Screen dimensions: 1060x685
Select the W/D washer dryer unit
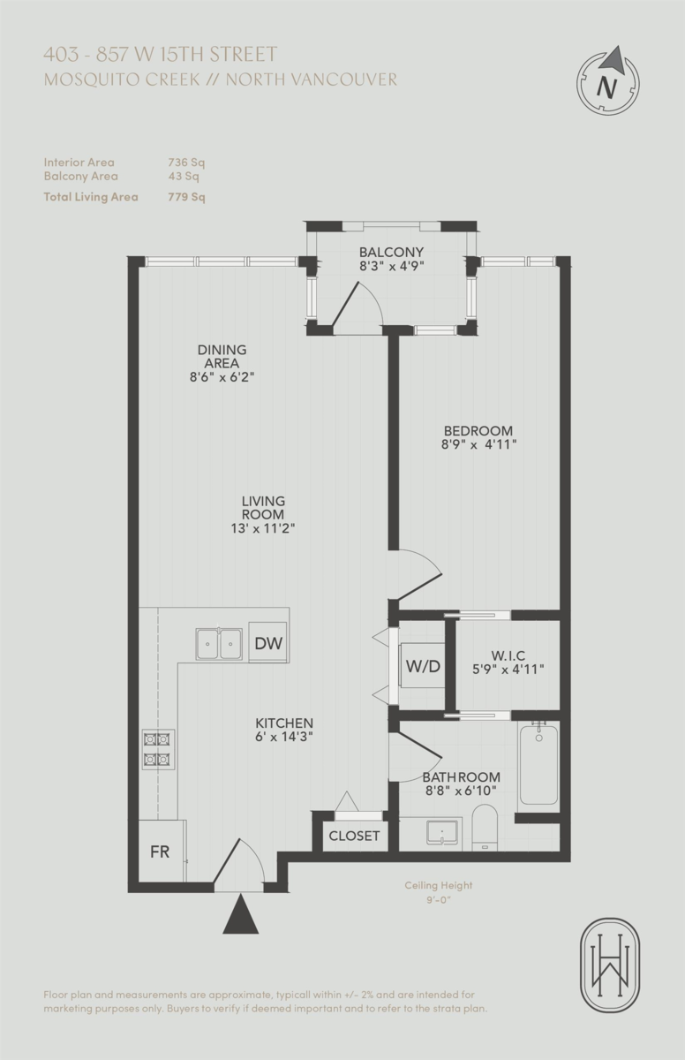click(x=422, y=665)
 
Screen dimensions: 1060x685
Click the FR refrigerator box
click(x=160, y=852)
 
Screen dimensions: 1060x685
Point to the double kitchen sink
click(x=219, y=643)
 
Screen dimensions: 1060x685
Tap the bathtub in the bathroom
click(x=538, y=764)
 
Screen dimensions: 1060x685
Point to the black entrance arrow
click(x=240, y=914)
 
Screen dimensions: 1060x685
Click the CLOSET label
click(x=354, y=836)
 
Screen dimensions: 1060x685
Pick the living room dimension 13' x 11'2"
click(x=263, y=528)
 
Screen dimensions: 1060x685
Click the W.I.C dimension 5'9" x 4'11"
click(x=508, y=670)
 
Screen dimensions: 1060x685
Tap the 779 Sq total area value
click(x=186, y=197)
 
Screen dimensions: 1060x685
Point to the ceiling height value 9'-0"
click(x=439, y=902)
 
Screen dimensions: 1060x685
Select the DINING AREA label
click(x=222, y=356)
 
